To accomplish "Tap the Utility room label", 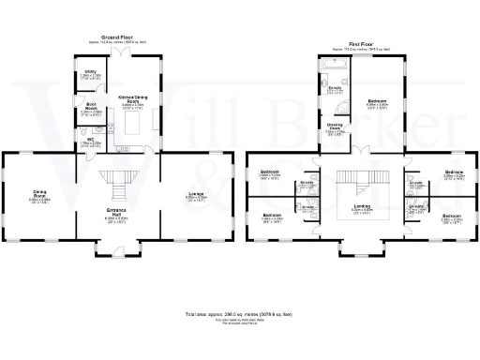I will point(91,73).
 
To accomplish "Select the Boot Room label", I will point(92,108).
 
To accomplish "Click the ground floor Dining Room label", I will point(39,198).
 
